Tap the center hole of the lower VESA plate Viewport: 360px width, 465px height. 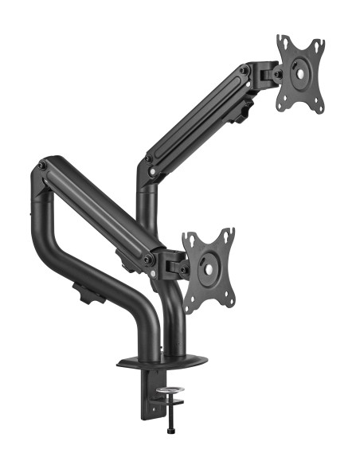point(209,269)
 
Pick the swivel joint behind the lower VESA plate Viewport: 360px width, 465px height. point(171,263)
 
